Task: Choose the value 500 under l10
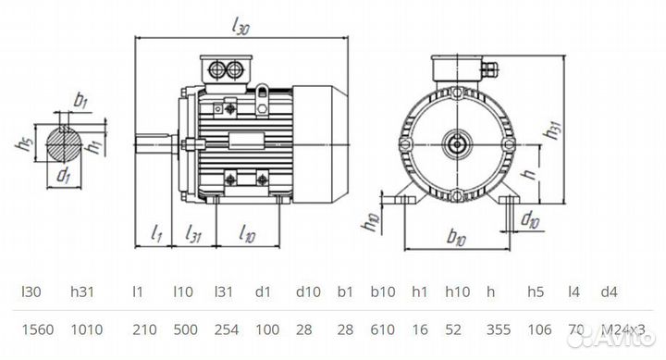coord(185,329)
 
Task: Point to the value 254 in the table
coord(227,329)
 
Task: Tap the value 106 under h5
coord(540,329)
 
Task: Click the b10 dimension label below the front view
coord(456,239)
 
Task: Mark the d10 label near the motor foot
coord(530,219)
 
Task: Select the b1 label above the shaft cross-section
coord(80,99)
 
